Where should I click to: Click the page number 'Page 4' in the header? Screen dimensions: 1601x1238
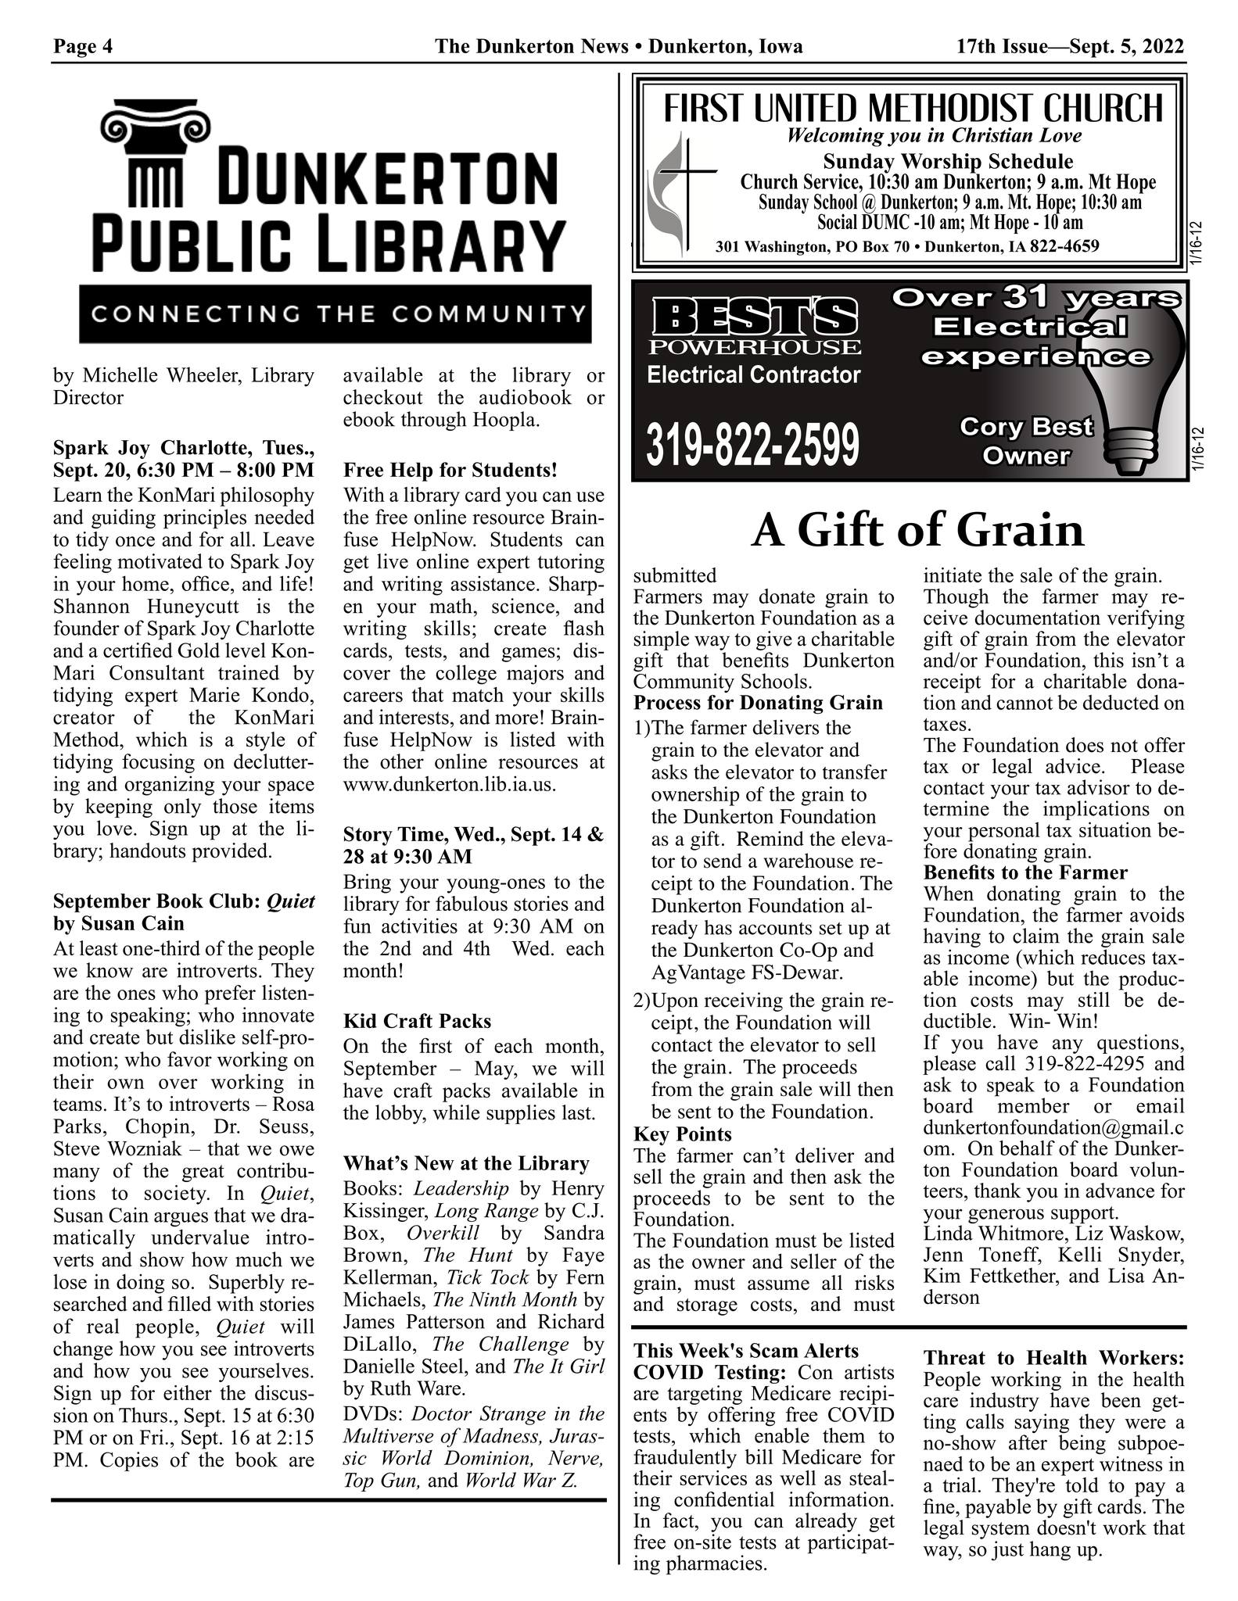click(83, 47)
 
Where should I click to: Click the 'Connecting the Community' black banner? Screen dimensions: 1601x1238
click(335, 314)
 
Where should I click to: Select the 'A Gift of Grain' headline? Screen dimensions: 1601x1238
click(917, 531)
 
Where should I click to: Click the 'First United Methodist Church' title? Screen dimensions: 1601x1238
click(913, 109)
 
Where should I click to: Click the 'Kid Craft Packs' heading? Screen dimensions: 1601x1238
click(417, 1021)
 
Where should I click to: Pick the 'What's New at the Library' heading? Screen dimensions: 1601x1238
click(466, 1163)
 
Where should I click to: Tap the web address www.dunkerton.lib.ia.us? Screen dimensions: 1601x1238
click(450, 784)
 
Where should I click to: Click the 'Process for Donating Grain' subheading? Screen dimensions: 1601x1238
click(758, 702)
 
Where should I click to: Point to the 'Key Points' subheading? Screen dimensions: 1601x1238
click(683, 1134)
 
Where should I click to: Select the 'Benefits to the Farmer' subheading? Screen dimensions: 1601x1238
click(1025, 872)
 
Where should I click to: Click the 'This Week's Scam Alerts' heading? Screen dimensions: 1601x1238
click(746, 1351)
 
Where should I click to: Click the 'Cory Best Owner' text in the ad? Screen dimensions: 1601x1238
click(1025, 441)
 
